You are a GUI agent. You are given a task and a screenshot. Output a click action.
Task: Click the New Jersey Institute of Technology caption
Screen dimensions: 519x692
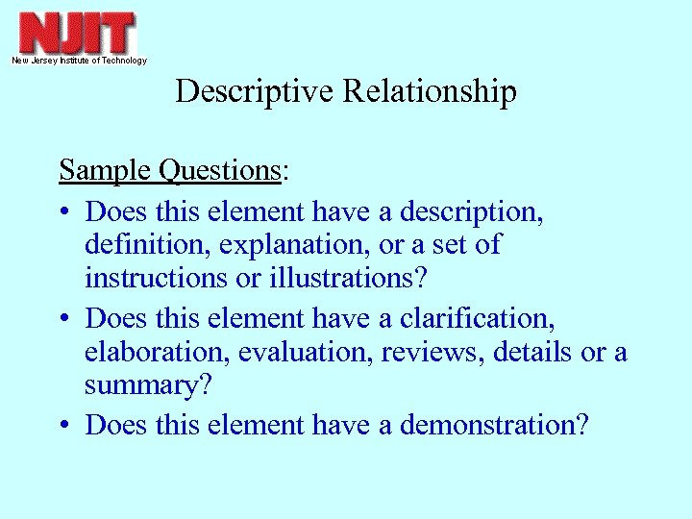tap(79, 61)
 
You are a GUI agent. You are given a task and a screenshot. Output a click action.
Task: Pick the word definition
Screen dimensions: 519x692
tap(147, 245)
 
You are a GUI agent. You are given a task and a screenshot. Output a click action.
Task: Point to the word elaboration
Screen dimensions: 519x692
tap(156, 352)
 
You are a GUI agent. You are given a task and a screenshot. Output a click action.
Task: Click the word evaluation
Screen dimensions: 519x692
tap(304, 352)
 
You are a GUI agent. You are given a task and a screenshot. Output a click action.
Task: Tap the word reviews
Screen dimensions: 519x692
tap(432, 352)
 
